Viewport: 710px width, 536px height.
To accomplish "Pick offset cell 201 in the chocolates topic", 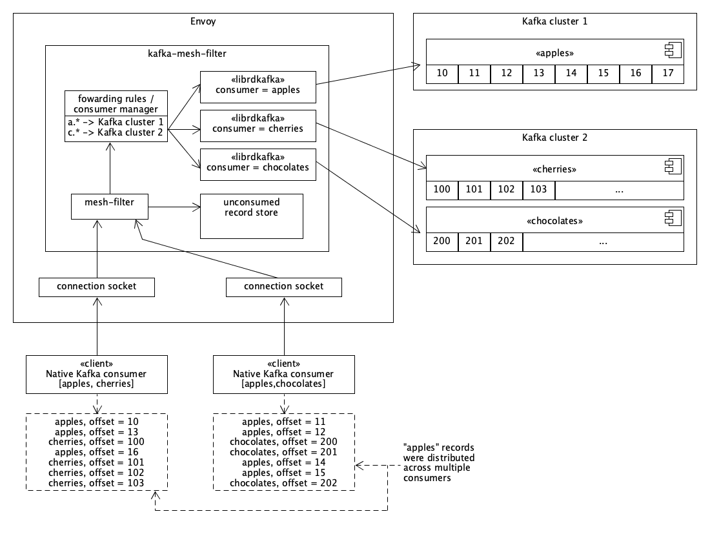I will [x=474, y=242].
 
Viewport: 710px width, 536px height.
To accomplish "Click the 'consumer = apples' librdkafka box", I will [x=258, y=87].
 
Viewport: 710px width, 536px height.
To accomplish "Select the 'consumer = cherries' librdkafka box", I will [x=258, y=125].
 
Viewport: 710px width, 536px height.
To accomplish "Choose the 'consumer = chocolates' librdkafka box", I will [x=258, y=164].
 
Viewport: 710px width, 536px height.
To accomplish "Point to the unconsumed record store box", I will [x=251, y=216].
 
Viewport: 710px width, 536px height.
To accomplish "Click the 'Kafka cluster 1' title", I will [x=554, y=21].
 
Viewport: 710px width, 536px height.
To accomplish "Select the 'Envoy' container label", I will [x=203, y=21].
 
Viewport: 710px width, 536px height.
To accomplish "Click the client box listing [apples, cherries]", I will [x=96, y=374].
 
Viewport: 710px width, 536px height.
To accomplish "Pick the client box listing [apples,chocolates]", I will [x=283, y=374].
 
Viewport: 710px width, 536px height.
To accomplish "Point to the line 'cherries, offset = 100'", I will [x=96, y=442].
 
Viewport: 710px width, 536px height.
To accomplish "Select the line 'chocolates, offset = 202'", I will [x=283, y=483].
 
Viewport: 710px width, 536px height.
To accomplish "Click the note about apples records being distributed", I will [x=439, y=462].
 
